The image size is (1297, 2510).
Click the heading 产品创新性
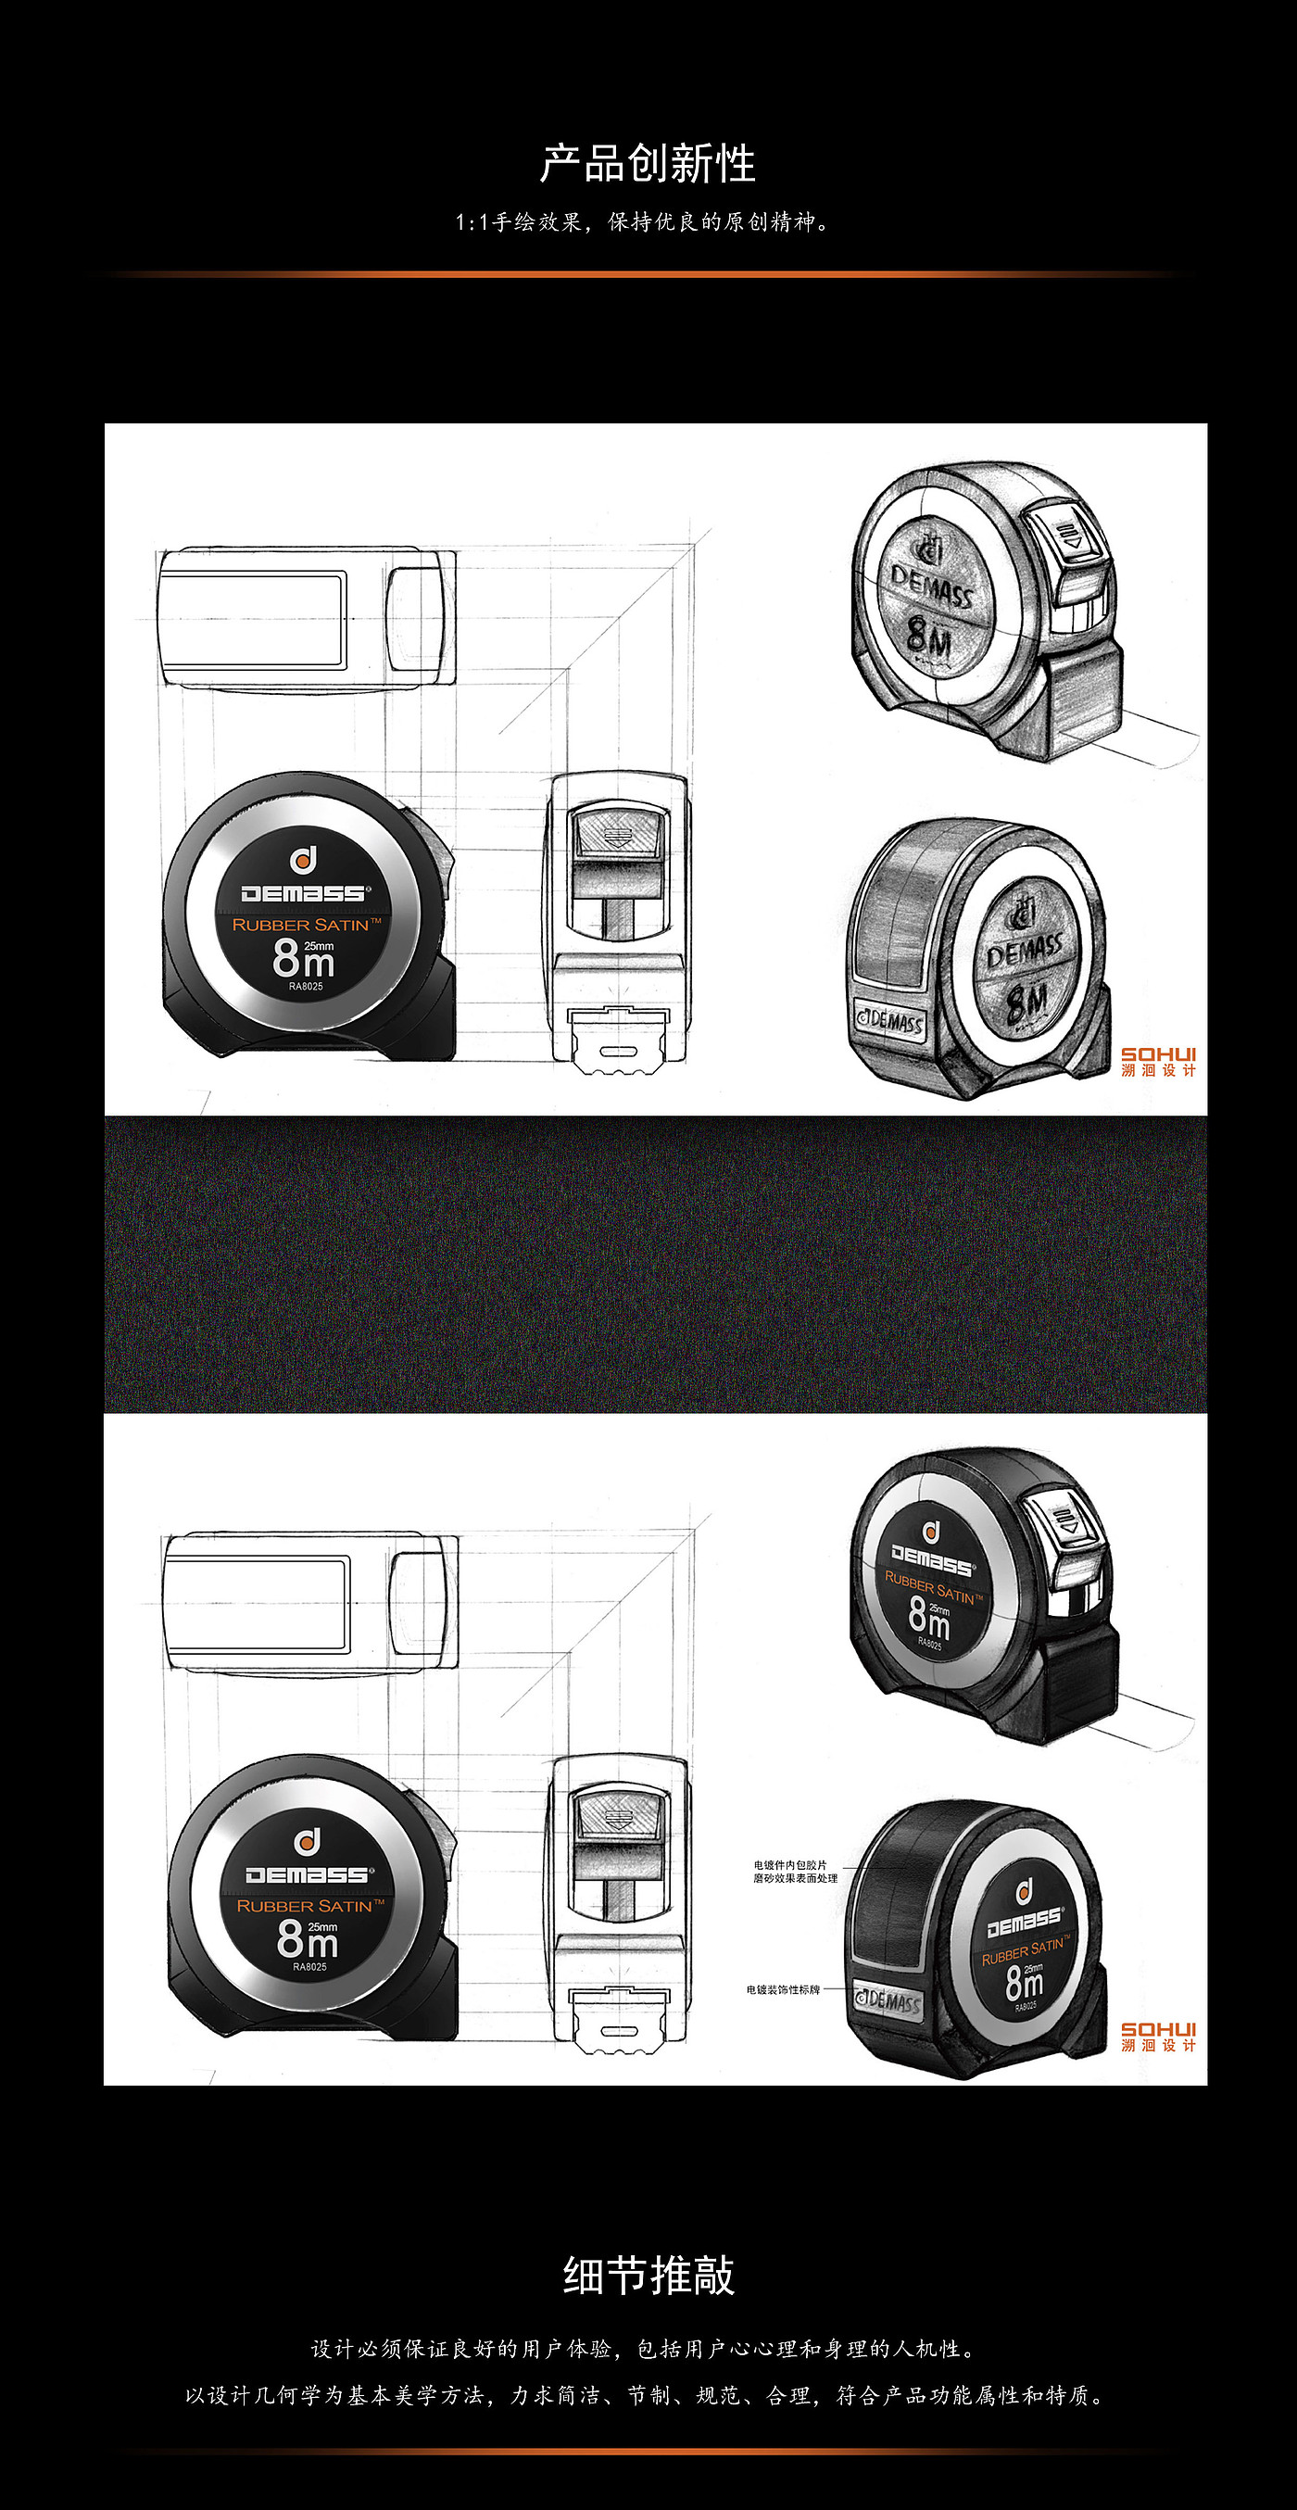(648, 164)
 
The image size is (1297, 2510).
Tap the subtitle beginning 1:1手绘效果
(643, 222)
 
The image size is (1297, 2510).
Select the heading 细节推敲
(648, 2277)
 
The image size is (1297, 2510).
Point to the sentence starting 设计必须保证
(643, 2349)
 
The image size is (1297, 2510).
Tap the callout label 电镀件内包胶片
(789, 1865)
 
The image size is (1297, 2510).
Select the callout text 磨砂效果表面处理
(794, 1879)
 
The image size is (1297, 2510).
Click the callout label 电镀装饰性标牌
(783, 1989)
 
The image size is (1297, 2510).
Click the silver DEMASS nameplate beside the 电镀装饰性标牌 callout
(887, 2000)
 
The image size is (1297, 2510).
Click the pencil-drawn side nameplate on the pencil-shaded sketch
(888, 1020)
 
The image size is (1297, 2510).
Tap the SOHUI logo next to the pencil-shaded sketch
(1158, 1061)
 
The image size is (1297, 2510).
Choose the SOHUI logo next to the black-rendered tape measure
(1158, 2037)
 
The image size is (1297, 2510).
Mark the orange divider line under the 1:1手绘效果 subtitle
(648, 275)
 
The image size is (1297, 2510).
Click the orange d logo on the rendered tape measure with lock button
(932, 1531)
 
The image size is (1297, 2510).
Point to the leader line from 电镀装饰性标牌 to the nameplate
(837, 1989)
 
